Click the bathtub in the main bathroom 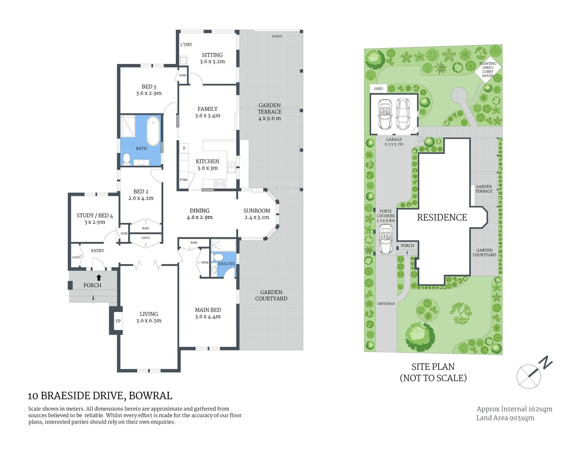point(154,131)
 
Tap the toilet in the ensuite point(218,257)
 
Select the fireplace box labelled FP point(118,321)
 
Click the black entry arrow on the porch point(99,277)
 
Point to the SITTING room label point(212,55)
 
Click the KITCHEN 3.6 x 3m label point(208,164)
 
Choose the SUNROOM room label point(257,211)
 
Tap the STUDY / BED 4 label point(95,216)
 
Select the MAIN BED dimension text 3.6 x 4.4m point(208,317)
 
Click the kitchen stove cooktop point(220,184)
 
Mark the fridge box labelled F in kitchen point(184,149)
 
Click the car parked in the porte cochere point(386,239)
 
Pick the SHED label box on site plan point(378,89)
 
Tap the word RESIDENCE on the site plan point(442,218)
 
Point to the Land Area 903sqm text point(505,418)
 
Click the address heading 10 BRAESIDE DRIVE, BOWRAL point(100,396)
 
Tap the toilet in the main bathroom point(126,159)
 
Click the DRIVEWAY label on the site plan point(386,304)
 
